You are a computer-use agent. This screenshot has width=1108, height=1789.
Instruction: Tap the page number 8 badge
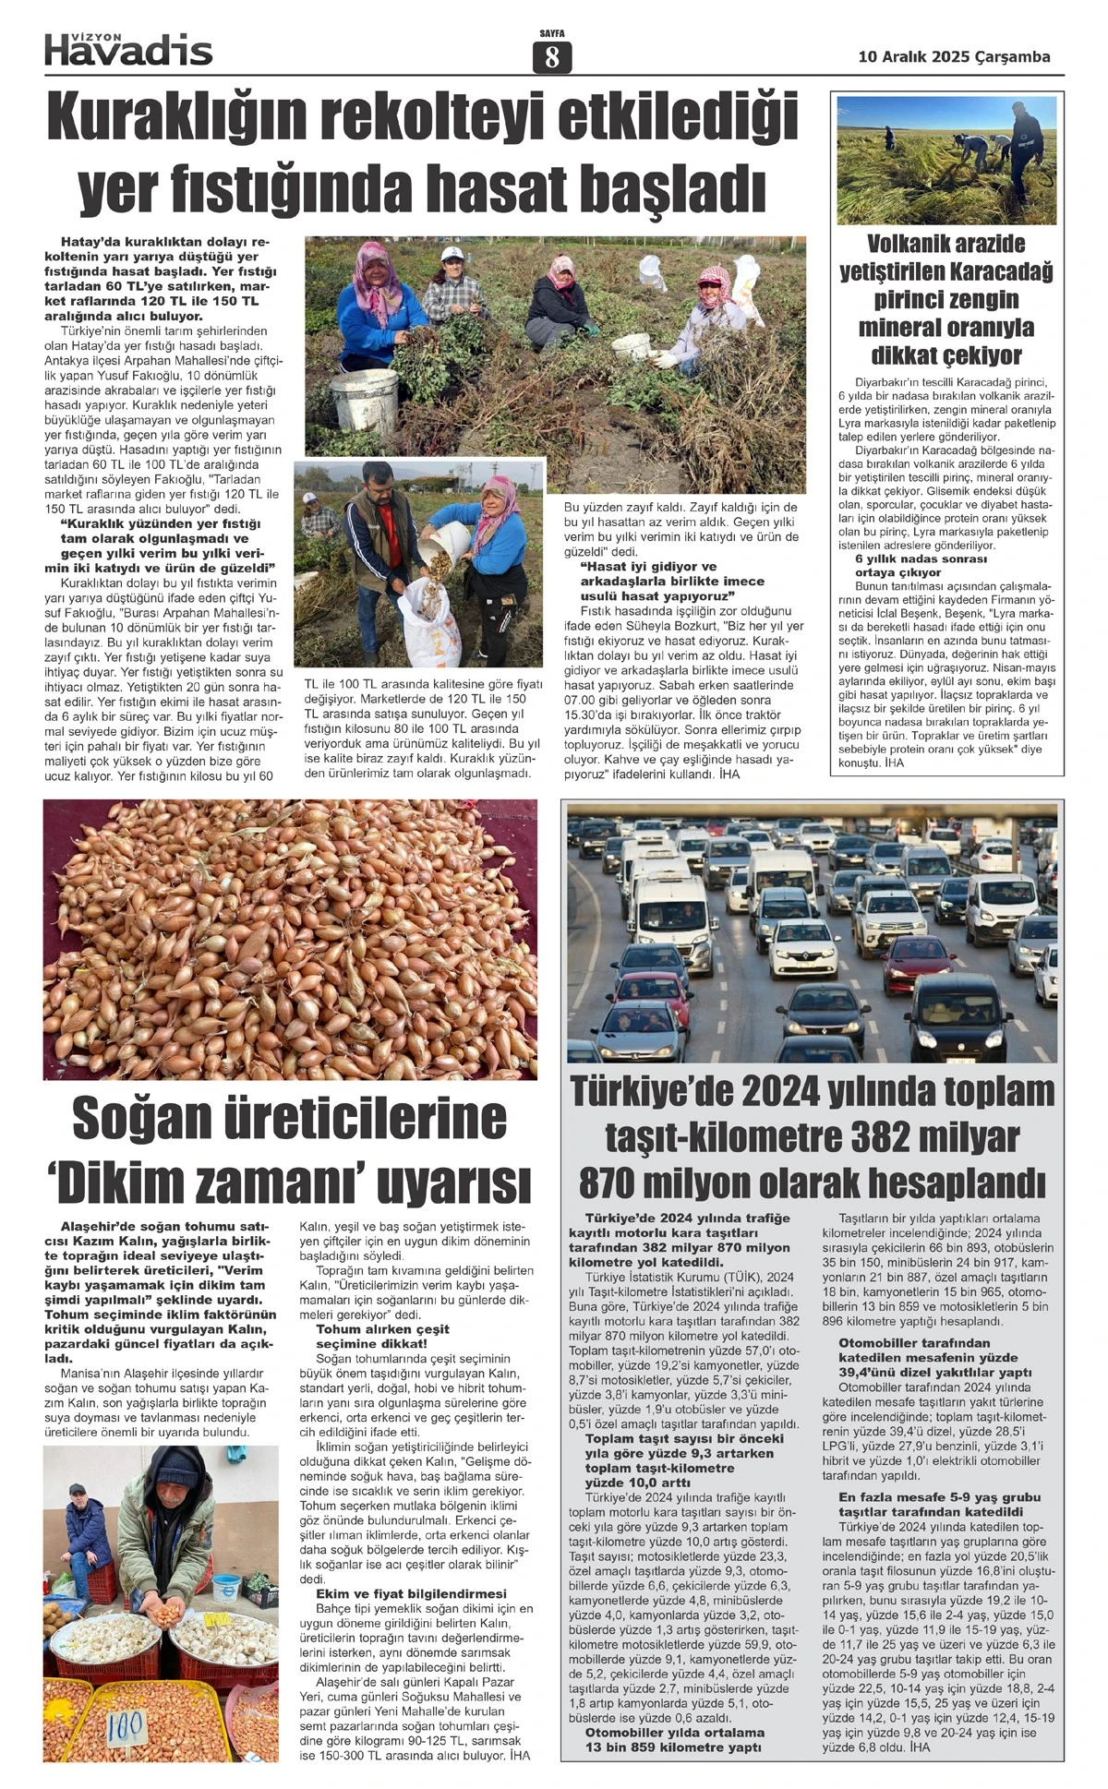click(x=552, y=57)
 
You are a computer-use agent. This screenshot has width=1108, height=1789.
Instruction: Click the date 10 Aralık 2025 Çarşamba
click(x=954, y=56)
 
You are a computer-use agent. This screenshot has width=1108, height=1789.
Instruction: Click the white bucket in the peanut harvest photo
click(x=366, y=398)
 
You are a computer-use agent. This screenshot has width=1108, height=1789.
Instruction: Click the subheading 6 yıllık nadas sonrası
click(x=908, y=558)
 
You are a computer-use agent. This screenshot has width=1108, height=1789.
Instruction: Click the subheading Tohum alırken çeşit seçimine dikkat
click(x=382, y=1336)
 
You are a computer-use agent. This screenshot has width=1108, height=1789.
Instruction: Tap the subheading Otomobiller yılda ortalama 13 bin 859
click(x=674, y=1739)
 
